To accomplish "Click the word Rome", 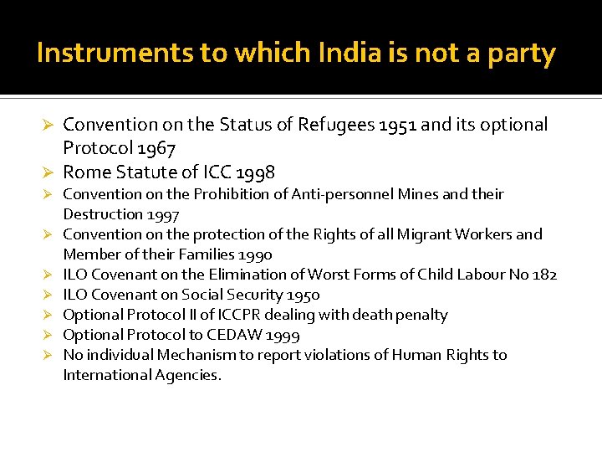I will [87, 172].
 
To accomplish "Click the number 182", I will [544, 275].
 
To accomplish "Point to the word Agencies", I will [188, 375].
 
